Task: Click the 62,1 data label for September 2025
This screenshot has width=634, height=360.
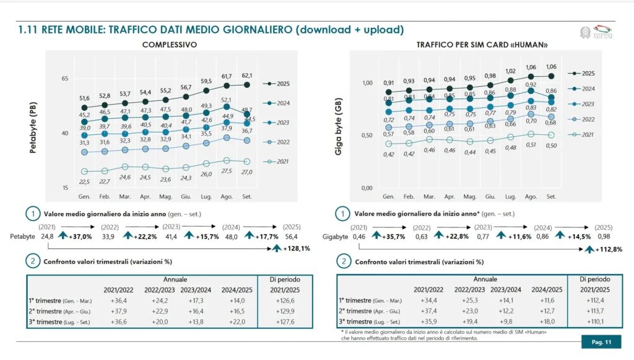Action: click(246, 76)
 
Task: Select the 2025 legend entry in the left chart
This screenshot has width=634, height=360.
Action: click(280, 84)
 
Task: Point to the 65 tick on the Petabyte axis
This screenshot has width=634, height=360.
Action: click(64, 79)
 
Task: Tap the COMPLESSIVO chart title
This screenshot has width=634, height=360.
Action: click(170, 45)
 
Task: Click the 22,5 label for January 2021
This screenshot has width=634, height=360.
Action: click(84, 181)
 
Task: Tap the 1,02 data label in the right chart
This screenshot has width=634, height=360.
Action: click(510, 71)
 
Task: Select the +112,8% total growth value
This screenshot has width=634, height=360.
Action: click(607, 249)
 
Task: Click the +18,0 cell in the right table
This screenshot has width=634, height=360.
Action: click(548, 322)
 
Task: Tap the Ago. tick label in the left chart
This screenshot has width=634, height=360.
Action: click(227, 196)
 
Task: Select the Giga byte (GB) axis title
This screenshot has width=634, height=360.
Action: click(339, 135)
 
